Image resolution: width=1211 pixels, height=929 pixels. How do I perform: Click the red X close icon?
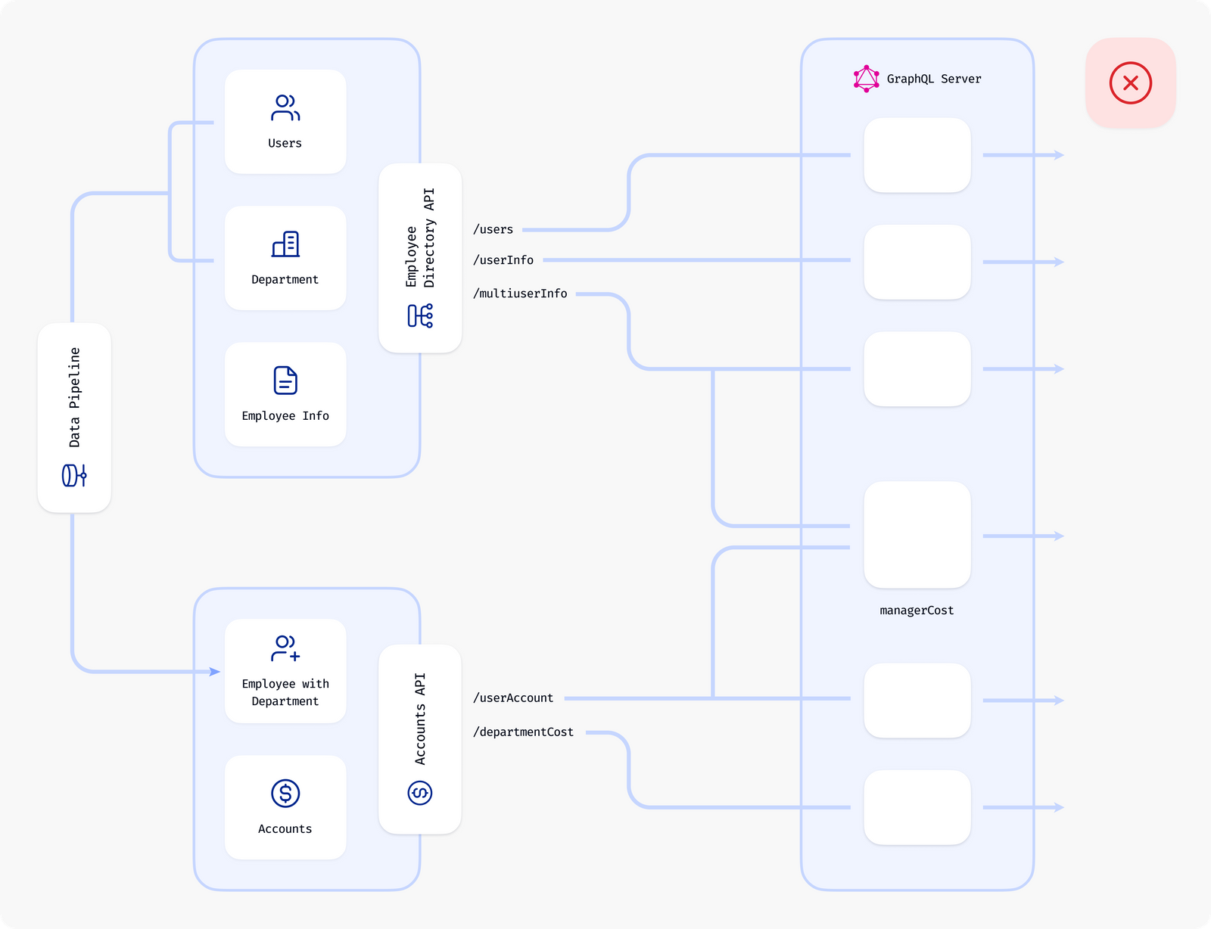1130,83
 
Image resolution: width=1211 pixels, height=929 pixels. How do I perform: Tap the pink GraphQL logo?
866,79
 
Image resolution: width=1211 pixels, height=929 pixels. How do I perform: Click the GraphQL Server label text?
933,79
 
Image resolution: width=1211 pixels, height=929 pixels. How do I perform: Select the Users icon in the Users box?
285,108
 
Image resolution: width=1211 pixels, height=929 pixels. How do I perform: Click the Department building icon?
285,244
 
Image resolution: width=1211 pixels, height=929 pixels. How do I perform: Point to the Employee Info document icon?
285,381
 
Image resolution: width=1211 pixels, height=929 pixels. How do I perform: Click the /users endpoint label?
493,229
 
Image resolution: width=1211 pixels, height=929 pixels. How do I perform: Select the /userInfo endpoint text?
503,260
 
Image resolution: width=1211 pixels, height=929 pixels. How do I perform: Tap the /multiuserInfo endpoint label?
520,294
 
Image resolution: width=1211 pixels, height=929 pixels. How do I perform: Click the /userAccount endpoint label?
513,698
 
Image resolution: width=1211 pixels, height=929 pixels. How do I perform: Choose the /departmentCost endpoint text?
523,732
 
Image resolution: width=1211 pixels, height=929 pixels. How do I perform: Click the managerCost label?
917,611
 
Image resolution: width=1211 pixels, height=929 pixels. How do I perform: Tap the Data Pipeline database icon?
74,475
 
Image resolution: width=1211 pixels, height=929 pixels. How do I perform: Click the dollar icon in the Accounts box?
285,793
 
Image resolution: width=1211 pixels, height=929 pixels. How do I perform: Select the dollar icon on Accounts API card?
420,793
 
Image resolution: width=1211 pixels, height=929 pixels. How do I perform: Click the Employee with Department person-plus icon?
285,648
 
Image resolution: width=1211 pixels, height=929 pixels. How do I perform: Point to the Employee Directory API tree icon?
420,315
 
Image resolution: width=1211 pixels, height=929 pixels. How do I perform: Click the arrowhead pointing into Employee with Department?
215,672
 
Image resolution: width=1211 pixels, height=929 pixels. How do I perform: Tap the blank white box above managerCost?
917,535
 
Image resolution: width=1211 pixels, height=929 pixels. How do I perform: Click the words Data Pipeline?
74,397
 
